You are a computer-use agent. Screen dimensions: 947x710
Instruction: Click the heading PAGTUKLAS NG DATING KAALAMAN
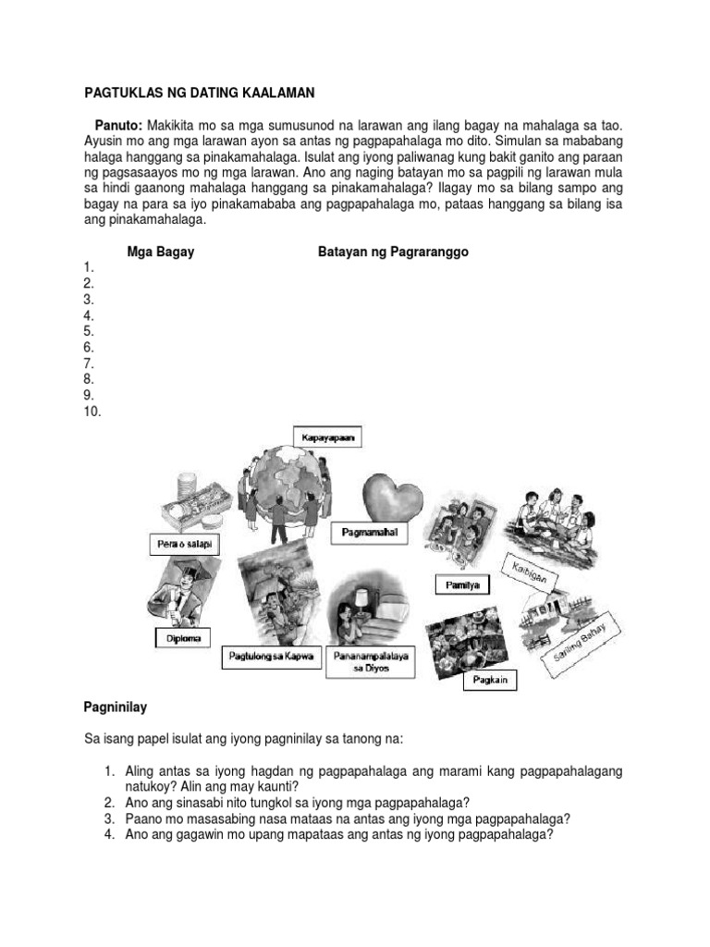pos(199,93)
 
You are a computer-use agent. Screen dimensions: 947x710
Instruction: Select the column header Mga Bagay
pos(160,252)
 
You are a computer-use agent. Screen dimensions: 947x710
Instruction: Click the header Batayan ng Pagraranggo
pos(393,252)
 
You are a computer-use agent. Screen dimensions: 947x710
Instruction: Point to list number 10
pos(92,411)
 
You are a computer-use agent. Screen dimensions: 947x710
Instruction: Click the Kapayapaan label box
pos(324,437)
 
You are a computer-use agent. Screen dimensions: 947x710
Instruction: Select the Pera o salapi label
pos(180,546)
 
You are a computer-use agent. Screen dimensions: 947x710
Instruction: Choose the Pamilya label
pos(462,584)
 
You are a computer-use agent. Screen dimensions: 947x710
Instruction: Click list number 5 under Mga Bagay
pos(89,330)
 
